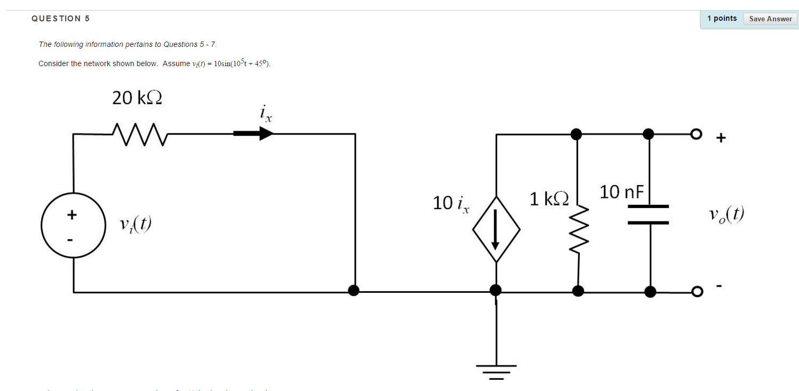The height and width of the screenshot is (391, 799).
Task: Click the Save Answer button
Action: (x=770, y=19)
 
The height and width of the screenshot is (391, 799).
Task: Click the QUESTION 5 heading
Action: (x=61, y=19)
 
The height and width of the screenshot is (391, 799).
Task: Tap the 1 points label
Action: (x=722, y=19)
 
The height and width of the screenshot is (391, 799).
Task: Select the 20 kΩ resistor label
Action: (x=137, y=98)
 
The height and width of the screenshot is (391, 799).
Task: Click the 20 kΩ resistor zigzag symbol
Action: (x=137, y=134)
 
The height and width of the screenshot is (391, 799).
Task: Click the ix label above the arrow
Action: (x=266, y=114)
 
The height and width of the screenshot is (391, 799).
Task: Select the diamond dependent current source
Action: (x=496, y=229)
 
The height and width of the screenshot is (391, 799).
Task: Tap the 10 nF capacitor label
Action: (x=622, y=191)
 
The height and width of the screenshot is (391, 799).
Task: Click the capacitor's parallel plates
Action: (x=648, y=214)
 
